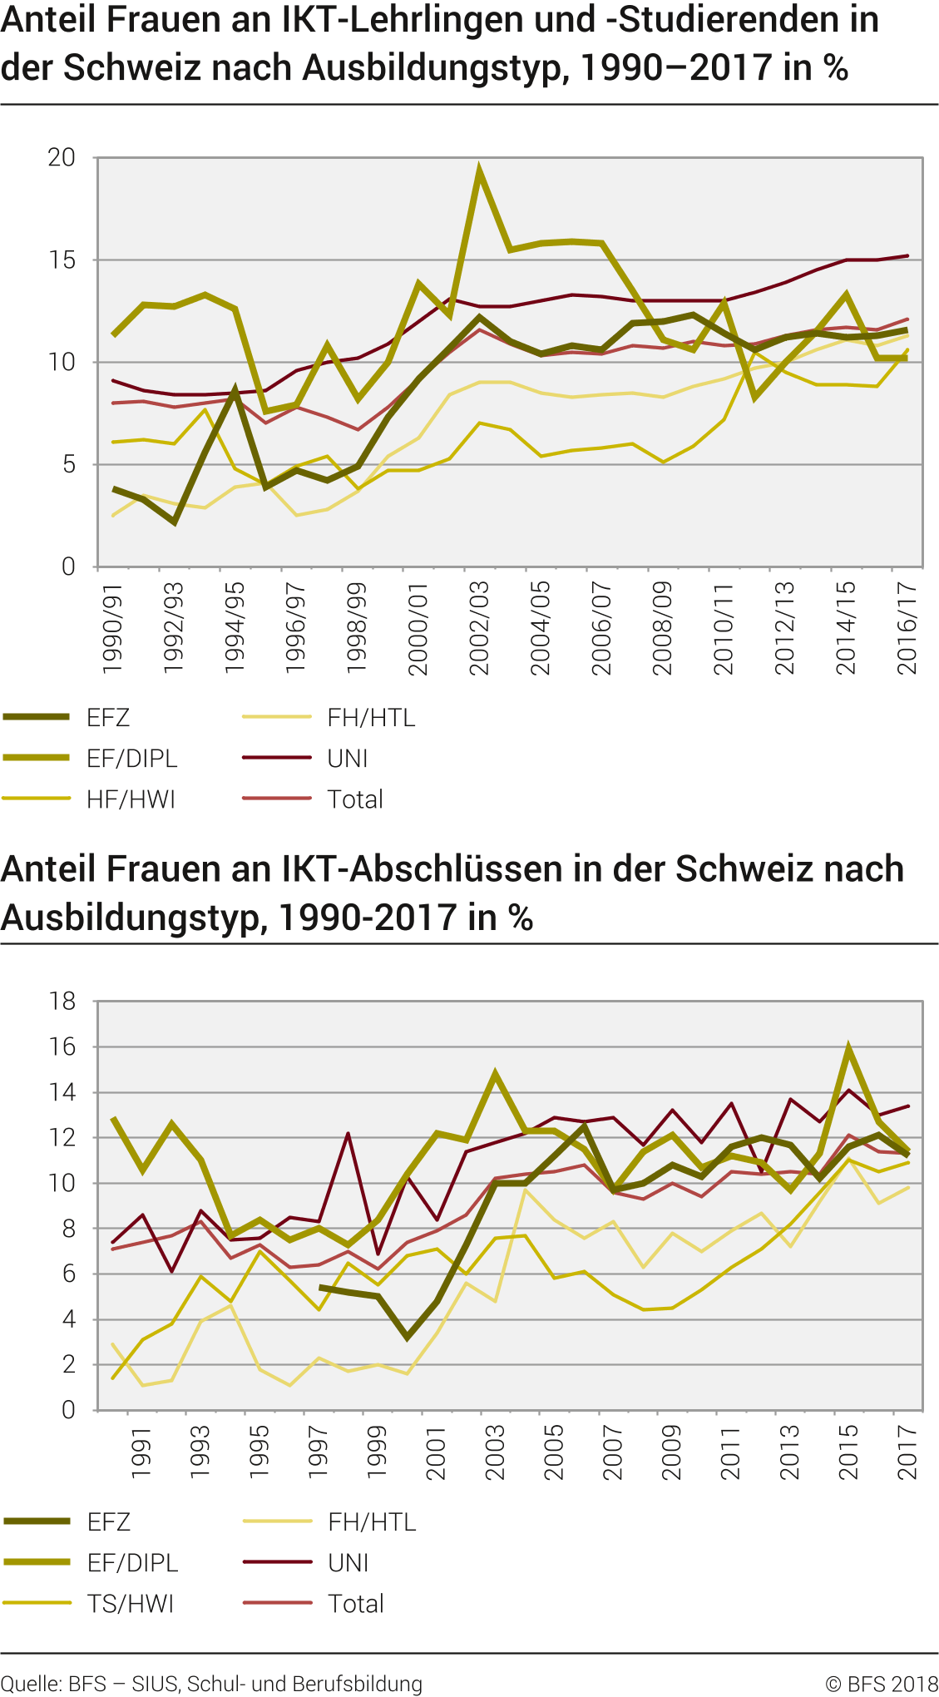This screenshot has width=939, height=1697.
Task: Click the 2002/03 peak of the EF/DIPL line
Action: (479, 170)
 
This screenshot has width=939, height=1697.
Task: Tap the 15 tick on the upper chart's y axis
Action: (61, 260)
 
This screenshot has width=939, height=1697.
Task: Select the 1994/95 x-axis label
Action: (234, 628)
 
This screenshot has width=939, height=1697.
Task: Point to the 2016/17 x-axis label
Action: (907, 628)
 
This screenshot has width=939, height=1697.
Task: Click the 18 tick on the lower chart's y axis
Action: (62, 1002)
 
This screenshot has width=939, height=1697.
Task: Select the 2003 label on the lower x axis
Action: (495, 1452)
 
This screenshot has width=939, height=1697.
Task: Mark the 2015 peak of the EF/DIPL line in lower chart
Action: (848, 1048)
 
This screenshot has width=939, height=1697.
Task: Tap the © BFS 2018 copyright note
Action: (881, 1684)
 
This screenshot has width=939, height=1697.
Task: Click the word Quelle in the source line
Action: (29, 1684)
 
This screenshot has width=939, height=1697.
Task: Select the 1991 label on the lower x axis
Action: (141, 1452)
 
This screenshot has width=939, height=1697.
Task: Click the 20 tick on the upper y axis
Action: (61, 157)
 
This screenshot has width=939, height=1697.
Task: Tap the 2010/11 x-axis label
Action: (724, 628)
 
